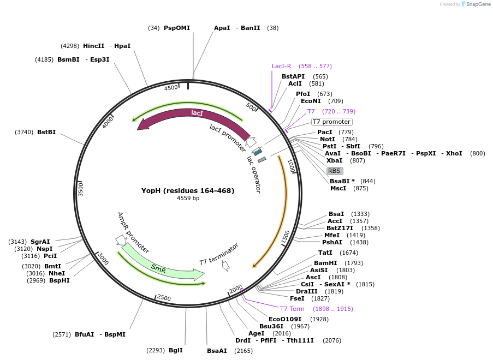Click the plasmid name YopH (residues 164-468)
pyautogui.click(x=188, y=190)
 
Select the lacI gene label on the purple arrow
pyautogui.click(x=197, y=113)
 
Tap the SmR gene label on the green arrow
pyautogui.click(x=158, y=268)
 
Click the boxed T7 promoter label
pyautogui.click(x=331, y=122)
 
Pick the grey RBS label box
pyautogui.click(x=334, y=171)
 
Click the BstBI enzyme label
pyautogui.click(x=46, y=132)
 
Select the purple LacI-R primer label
pyautogui.click(x=282, y=66)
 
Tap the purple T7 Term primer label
pyautogui.click(x=292, y=309)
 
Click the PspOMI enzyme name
pyautogui.click(x=177, y=28)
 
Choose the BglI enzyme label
pyautogui.click(x=176, y=350)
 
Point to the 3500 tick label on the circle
pyautogui.click(x=81, y=190)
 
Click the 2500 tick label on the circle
pyautogui.click(x=164, y=298)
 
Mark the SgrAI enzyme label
pyautogui.click(x=40, y=242)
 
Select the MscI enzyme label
pyautogui.click(x=338, y=188)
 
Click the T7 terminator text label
pyautogui.click(x=218, y=254)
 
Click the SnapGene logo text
pyautogui.click(x=477, y=4)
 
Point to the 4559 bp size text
pyautogui.click(x=188, y=198)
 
